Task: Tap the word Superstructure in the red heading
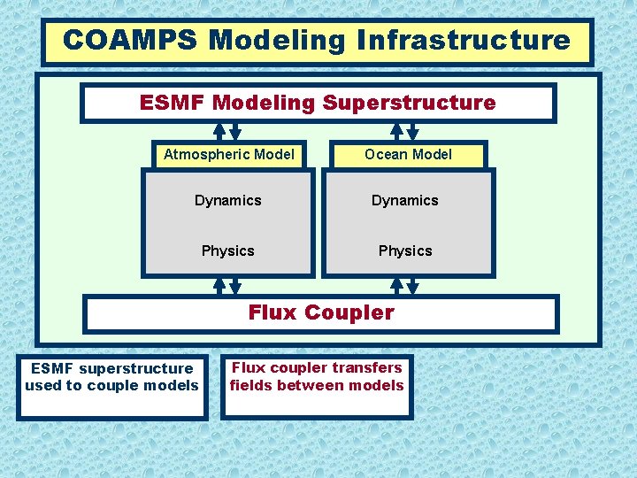point(409,103)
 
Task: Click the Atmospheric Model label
point(228,154)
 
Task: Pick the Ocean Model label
point(408,154)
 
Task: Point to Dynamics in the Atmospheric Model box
point(228,200)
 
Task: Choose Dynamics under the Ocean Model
point(405,200)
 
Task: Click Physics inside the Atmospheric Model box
point(228,251)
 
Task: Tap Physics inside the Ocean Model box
point(405,251)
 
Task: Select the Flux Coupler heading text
point(321,312)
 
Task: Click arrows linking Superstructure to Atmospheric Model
point(227,132)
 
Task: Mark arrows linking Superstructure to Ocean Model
point(404,132)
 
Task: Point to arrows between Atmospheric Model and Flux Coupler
point(227,286)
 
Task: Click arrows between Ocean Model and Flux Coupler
point(404,286)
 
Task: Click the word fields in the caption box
point(250,385)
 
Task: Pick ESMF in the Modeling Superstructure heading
point(170,103)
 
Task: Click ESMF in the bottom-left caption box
point(51,368)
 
